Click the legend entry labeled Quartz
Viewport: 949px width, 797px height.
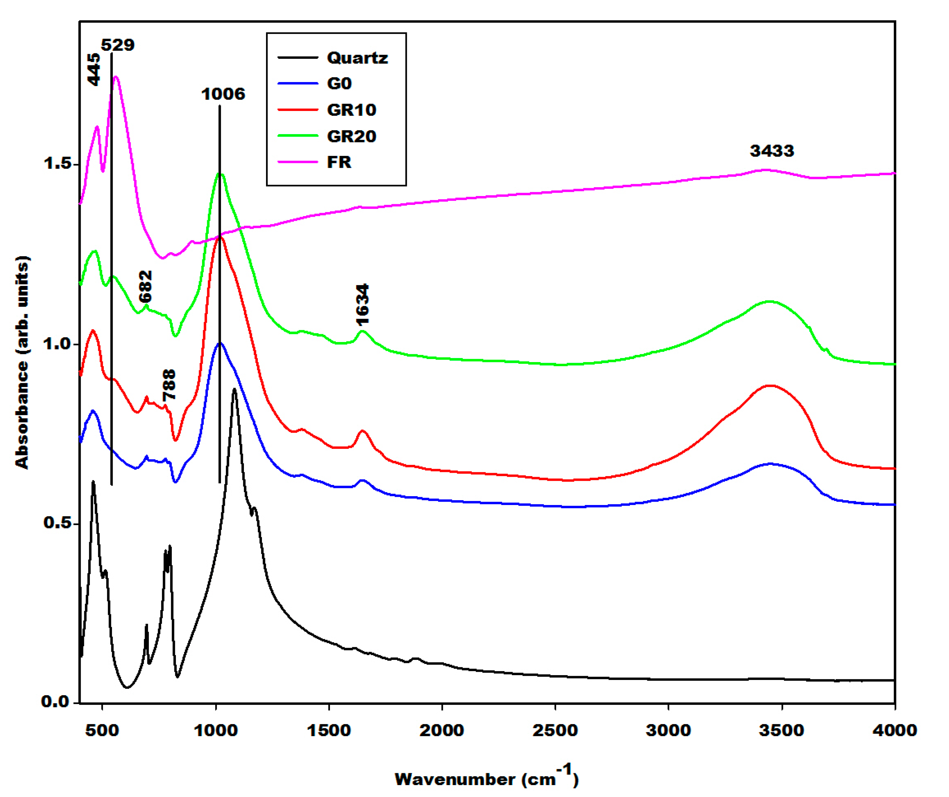[x=357, y=58]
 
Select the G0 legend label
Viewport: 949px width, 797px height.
[x=339, y=84]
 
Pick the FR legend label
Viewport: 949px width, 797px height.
[x=339, y=162]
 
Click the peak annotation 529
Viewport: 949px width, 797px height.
[x=117, y=45]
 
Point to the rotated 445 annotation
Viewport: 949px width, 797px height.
[x=94, y=69]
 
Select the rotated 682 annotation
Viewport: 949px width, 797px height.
[x=146, y=287]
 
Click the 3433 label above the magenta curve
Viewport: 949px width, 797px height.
[x=771, y=150]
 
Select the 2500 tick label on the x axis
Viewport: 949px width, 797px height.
[x=555, y=730]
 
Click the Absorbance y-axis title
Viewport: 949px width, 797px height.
[x=22, y=362]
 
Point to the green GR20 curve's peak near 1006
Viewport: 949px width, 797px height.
[x=220, y=174]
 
